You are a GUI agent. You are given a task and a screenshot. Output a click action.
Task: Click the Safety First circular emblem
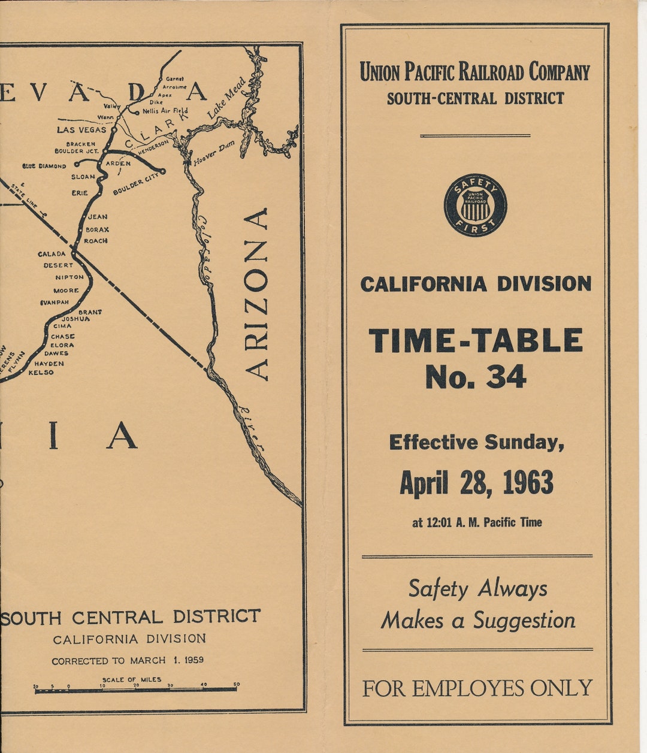click(x=475, y=205)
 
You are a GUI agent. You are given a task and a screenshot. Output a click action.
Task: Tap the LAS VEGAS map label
click(x=81, y=129)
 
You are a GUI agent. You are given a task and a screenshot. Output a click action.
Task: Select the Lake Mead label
click(x=226, y=97)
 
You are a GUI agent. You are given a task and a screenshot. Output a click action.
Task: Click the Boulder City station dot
click(x=162, y=171)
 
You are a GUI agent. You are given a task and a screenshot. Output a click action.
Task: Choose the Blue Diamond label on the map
click(x=44, y=166)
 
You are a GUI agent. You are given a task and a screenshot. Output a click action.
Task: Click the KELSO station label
click(x=41, y=373)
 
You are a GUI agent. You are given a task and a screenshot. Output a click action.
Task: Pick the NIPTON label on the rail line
click(x=69, y=277)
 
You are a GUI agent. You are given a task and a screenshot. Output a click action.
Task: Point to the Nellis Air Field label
click(x=165, y=111)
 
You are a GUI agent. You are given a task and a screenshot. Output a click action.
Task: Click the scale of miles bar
click(x=135, y=690)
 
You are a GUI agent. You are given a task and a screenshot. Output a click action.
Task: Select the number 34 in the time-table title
click(x=506, y=376)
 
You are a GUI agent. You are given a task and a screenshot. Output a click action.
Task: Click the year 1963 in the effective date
click(x=528, y=483)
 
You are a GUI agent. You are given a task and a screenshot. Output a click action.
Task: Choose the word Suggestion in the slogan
click(x=524, y=621)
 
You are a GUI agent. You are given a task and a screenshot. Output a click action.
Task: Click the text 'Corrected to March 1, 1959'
click(x=127, y=660)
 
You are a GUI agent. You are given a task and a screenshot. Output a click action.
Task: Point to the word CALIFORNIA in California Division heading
click(x=423, y=284)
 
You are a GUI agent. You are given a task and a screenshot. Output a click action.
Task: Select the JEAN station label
click(x=98, y=217)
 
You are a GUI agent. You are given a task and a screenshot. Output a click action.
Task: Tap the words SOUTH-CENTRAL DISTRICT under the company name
click(x=475, y=98)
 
